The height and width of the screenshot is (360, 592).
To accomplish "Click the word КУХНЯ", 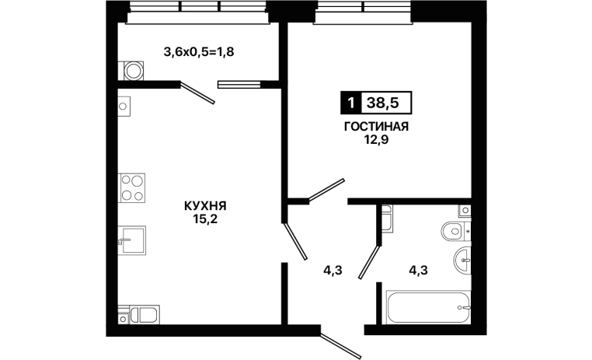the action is [205, 206].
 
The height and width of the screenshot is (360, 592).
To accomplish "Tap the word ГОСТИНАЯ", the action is [376, 127].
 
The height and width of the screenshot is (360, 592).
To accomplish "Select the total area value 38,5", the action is [383, 103].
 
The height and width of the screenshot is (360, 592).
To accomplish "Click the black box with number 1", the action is [351, 103].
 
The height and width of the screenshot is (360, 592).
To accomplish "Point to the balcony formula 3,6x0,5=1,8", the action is [199, 52].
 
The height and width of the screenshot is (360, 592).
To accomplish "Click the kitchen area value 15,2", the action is [205, 219].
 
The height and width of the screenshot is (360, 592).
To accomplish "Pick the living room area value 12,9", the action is [376, 140].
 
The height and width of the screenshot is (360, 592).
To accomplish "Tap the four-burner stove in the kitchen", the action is [132, 187].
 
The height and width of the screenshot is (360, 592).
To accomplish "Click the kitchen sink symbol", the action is [132, 240].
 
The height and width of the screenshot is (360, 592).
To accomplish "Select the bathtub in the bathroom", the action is [429, 307].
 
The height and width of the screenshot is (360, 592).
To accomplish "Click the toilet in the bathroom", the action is [455, 230].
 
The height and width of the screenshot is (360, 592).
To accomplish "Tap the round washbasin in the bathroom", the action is [462, 260].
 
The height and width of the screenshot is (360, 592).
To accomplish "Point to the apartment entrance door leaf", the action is [341, 346].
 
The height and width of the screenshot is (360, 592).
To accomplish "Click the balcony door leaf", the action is [197, 93].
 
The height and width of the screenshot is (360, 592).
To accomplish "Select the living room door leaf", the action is [326, 190].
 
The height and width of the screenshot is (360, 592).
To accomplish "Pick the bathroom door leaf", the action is [369, 263].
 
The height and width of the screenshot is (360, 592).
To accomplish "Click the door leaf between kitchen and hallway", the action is [296, 241].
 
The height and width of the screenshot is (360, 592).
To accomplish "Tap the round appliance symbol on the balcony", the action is [134, 71].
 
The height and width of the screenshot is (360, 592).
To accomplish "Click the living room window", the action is [364, 12].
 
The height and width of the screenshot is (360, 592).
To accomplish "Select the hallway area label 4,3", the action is [333, 271].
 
